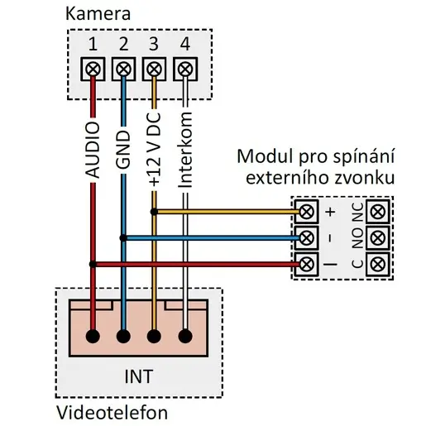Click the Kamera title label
tap(98, 14)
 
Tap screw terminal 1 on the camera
tap(93, 69)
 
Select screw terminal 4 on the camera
tap(185, 69)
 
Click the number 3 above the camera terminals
tap(154, 44)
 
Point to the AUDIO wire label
tap(93, 150)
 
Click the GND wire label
tap(123, 150)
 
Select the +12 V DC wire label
tap(154, 149)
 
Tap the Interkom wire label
tap(185, 150)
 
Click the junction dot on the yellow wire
tap(154, 212)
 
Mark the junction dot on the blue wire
tap(123, 238)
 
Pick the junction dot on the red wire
tap(93, 264)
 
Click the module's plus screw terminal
tap(306, 212)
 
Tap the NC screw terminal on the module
tap(378, 212)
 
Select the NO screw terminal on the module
tap(378, 238)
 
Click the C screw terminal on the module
tap(378, 264)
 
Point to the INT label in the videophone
tap(139, 376)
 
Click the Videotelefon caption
tap(112, 413)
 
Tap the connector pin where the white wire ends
tap(185, 337)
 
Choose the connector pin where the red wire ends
tap(93, 337)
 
